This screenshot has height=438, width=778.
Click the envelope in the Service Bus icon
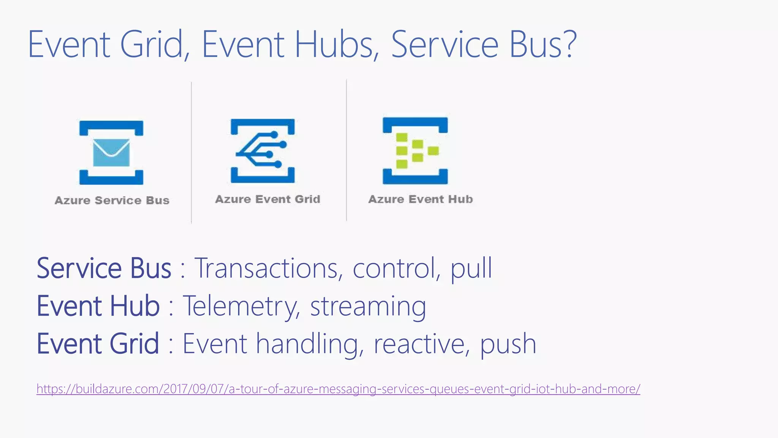pos(111,153)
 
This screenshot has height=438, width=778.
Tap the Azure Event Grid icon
pos(262,151)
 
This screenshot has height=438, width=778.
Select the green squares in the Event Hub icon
pos(414,151)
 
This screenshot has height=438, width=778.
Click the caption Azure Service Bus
pos(112,200)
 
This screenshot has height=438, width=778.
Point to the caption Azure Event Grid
pos(267,199)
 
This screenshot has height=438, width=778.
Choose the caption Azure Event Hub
pos(421,199)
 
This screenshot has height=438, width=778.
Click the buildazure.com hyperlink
pos(338,389)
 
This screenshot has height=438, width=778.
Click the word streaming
pos(368,306)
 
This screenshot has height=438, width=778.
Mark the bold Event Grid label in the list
pos(98,344)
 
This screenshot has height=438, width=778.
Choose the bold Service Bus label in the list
pos(104,268)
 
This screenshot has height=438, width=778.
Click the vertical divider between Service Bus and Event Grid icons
pos(191,152)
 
